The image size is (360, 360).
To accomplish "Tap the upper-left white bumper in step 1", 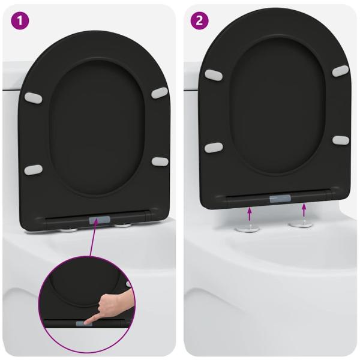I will [33, 97].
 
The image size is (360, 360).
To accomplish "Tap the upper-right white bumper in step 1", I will [160, 92].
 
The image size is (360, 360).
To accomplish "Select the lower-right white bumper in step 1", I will [160, 161].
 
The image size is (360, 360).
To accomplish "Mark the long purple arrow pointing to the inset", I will [90, 252].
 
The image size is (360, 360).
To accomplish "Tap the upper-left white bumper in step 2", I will [214, 75].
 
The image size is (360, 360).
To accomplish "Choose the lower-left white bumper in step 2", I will [214, 148].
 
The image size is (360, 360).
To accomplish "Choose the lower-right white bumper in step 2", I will [340, 140].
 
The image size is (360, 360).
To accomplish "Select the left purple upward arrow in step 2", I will [250, 213].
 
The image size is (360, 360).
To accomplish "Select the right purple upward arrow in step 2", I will [304, 209].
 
